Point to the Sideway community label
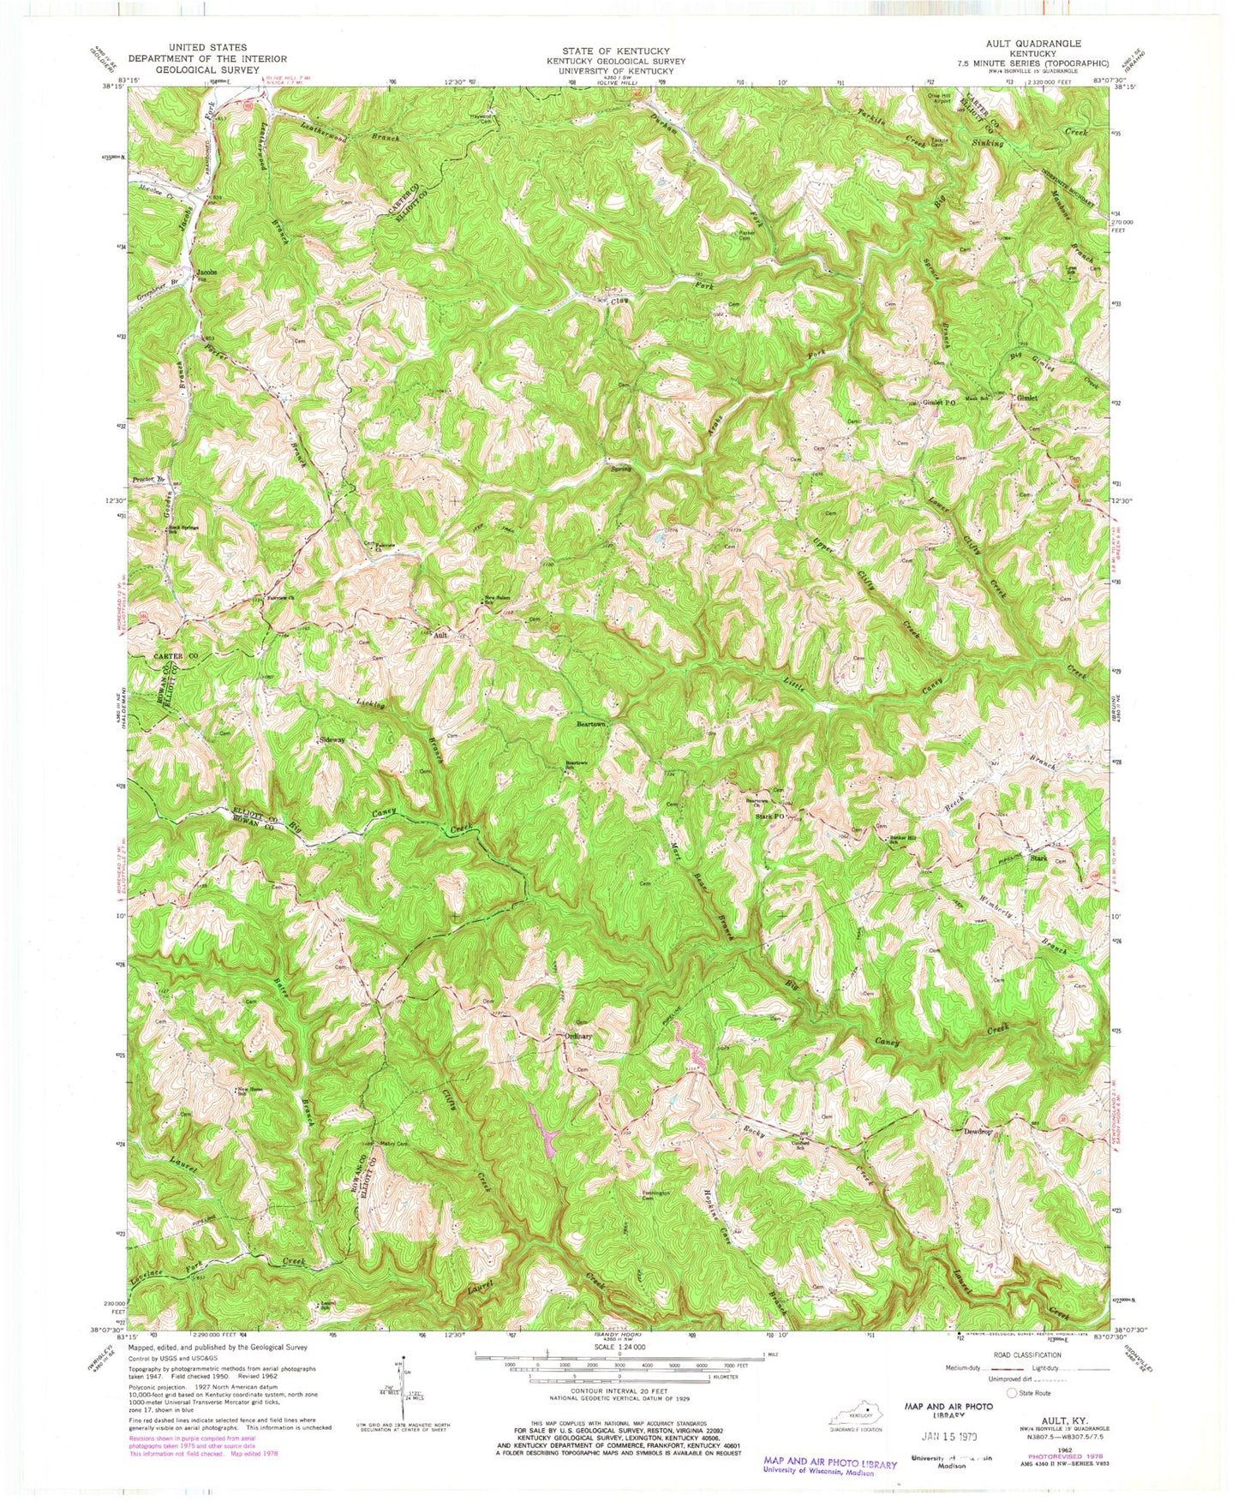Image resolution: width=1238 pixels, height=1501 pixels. (332, 739)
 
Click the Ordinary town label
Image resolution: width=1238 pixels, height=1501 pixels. (577, 1036)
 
